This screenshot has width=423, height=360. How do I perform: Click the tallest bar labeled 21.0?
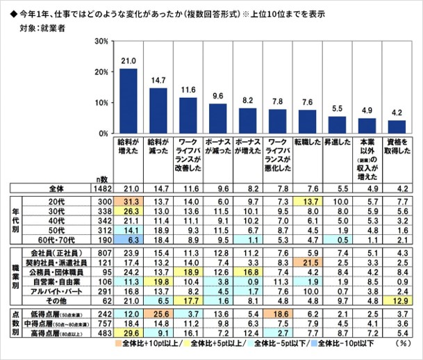click(128, 101)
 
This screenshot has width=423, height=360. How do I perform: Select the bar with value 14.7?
click(158, 111)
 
